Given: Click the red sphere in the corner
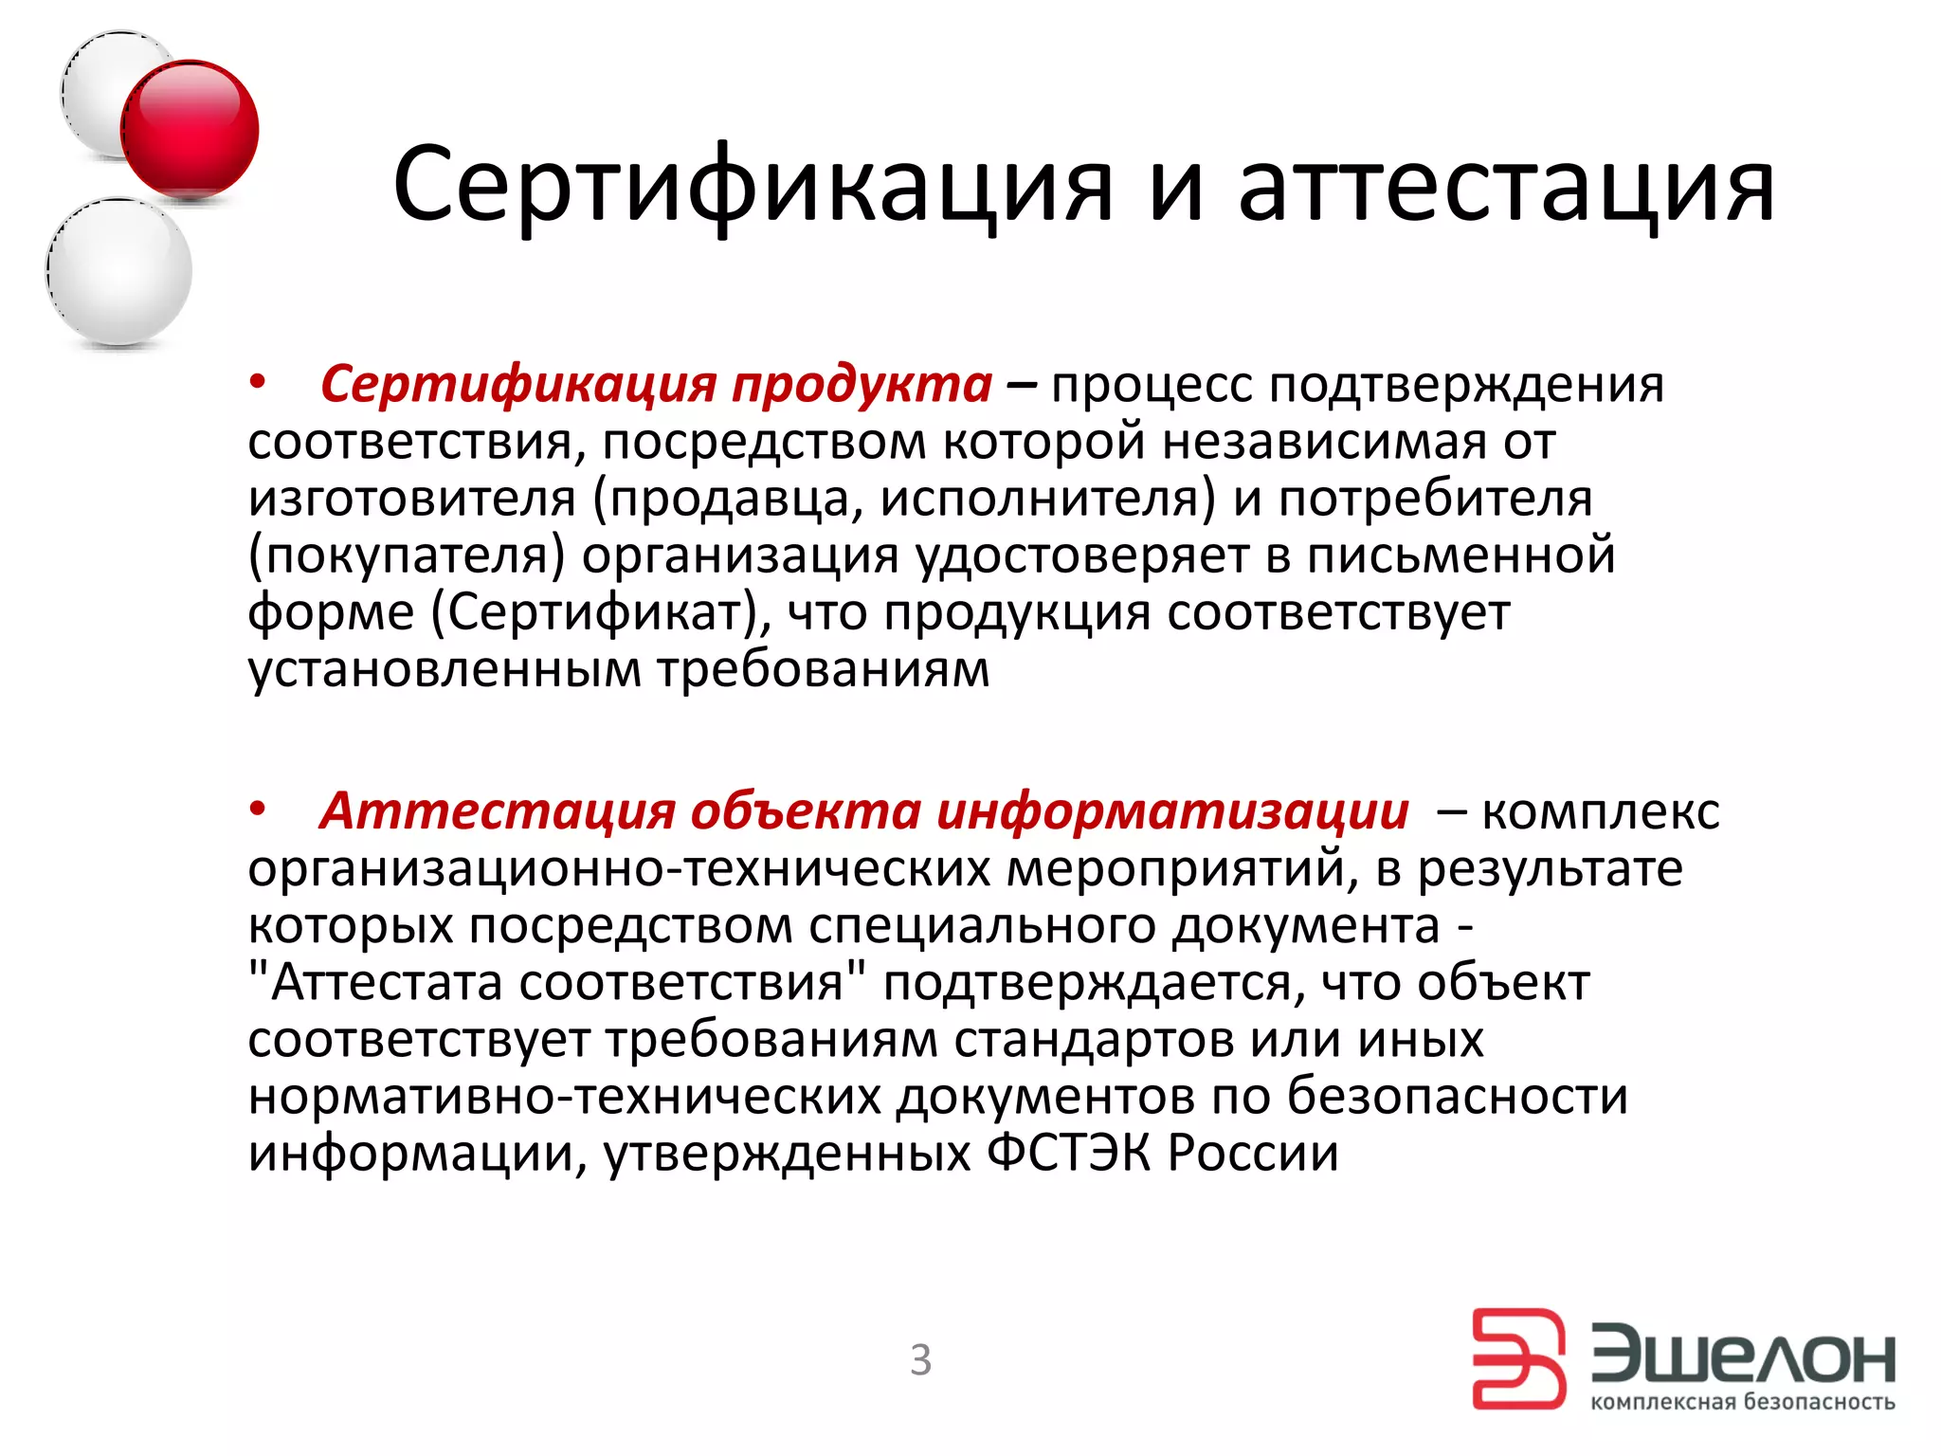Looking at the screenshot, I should tap(190, 130).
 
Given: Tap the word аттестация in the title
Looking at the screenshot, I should tap(1506, 184).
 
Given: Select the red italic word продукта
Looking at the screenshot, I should tap(862, 385).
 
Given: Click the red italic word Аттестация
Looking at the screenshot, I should tap(498, 811).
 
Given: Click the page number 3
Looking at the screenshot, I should tap(920, 1360).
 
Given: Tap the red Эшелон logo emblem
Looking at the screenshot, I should tap(1518, 1358).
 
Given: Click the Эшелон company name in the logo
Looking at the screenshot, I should tap(1742, 1357).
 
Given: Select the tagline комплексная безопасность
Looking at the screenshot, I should tap(1742, 1402).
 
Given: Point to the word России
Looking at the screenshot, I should tap(1253, 1154).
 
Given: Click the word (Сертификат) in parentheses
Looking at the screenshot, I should tap(601, 613).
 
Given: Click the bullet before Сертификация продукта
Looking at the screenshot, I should tap(258, 383).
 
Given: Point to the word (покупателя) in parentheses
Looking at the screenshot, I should tap(407, 556).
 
